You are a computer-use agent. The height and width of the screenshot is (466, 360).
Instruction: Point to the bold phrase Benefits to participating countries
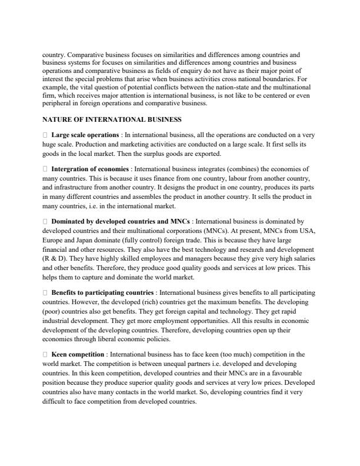pos(103,292)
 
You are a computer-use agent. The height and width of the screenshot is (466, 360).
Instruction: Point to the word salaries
pos(303,258)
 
